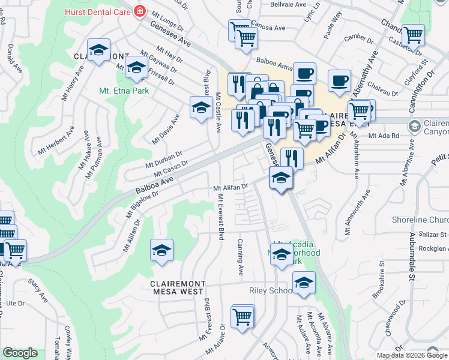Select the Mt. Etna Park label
pyautogui.click(x=124, y=92)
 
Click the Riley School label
pyautogui.click(x=270, y=290)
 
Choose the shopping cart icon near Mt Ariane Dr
pyautogui.click(x=242, y=316)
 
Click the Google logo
pyautogui.click(x=20, y=353)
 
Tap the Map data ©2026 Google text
pyautogui.click(x=412, y=355)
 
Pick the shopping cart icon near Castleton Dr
pyautogui.click(x=413, y=35)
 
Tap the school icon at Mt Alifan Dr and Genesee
pyautogui.click(x=280, y=178)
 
